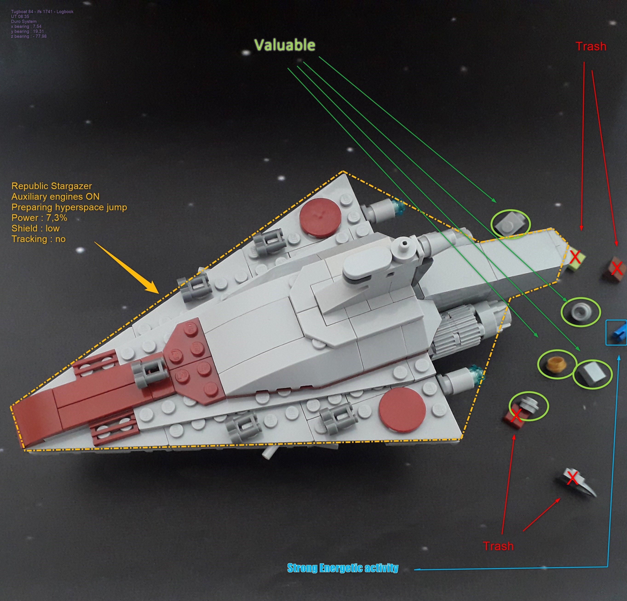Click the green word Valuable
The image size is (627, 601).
pos(285,45)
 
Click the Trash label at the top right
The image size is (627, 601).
pos(591,46)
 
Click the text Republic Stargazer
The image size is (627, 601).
pos(52,186)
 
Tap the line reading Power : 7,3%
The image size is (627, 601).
pos(39,218)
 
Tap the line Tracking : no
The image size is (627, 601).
pos(38,239)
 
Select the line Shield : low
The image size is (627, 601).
pos(35,228)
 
